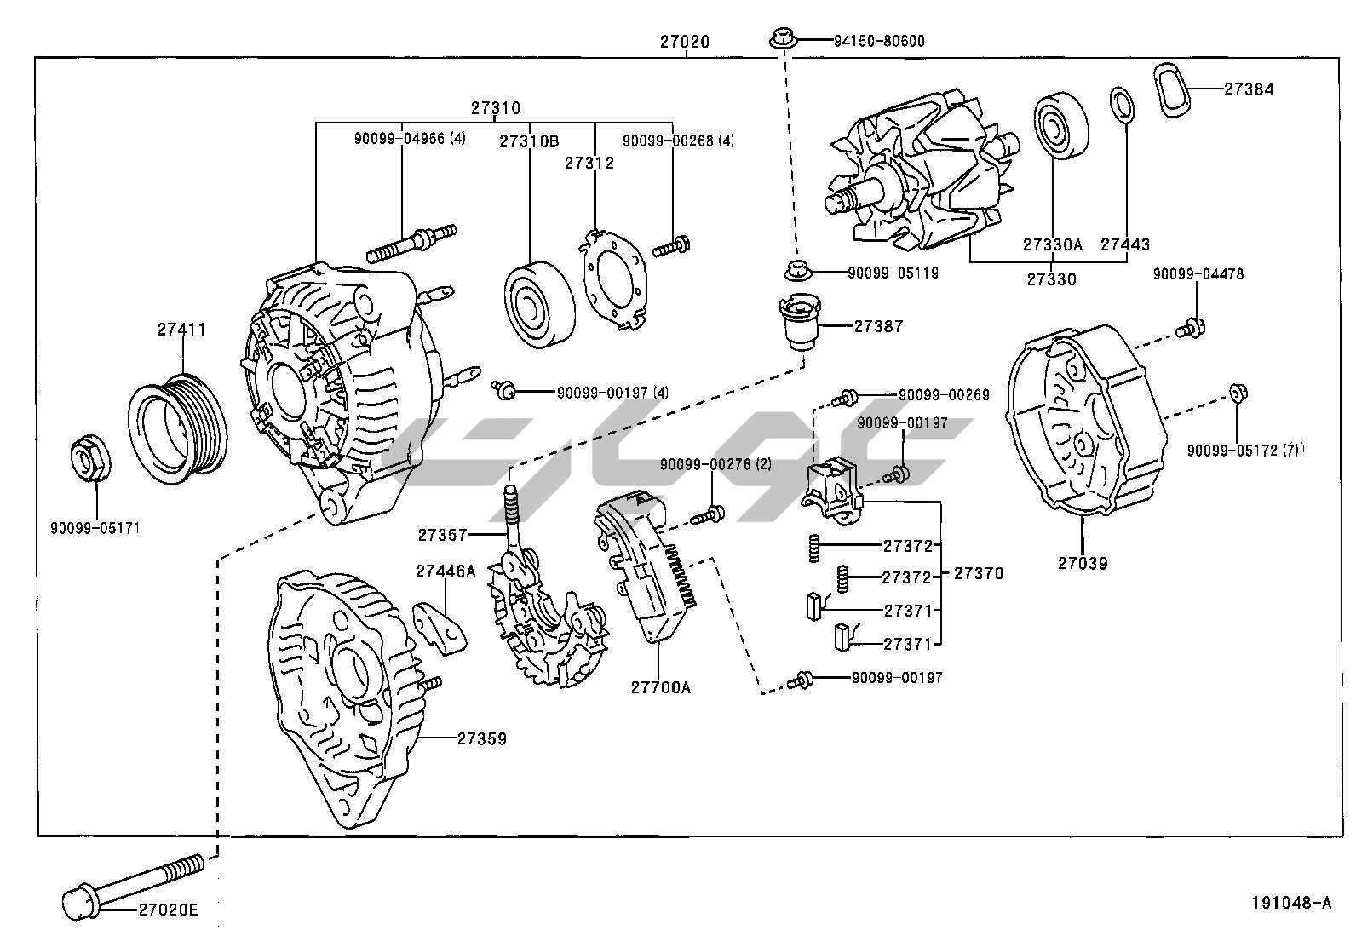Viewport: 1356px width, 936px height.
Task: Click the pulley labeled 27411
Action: click(x=177, y=423)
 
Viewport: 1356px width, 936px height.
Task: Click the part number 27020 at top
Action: click(x=684, y=41)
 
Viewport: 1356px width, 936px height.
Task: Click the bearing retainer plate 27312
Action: click(x=615, y=274)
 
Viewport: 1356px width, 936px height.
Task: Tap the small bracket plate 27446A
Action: click(x=441, y=626)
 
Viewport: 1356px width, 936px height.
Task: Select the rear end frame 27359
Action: click(x=341, y=698)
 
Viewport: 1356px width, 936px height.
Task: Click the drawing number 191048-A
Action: click(x=1290, y=903)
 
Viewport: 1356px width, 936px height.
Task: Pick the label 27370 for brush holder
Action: click(x=978, y=574)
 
